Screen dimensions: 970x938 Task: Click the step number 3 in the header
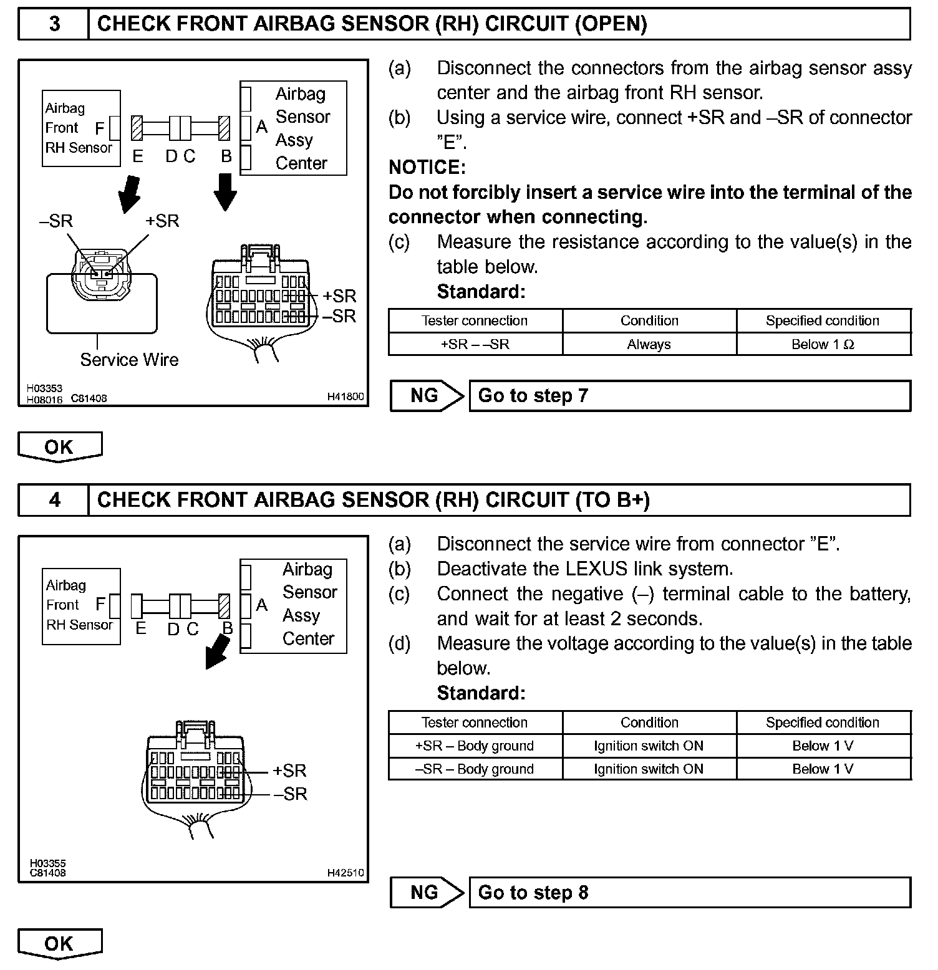[54, 24]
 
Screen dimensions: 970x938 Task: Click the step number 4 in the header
[54, 500]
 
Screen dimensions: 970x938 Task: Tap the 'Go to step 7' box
[689, 396]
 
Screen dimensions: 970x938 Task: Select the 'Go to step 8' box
[689, 893]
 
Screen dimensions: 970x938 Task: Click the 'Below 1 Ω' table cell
[823, 344]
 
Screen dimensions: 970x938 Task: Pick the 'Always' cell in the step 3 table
[649, 344]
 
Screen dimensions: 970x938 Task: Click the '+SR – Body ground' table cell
[475, 746]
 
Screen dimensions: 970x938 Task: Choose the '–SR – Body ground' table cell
[475, 769]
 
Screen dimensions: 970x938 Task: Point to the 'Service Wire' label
[129, 360]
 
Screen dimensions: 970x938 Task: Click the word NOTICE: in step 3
[427, 167]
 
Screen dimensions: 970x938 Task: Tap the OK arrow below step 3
[60, 447]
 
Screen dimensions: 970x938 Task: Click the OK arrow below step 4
[60, 944]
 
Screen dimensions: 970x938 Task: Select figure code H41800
[345, 396]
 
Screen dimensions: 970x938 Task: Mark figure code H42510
[345, 873]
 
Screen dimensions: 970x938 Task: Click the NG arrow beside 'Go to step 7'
[427, 396]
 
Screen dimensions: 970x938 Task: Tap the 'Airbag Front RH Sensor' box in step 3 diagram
[81, 128]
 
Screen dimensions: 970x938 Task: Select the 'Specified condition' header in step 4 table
[823, 723]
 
